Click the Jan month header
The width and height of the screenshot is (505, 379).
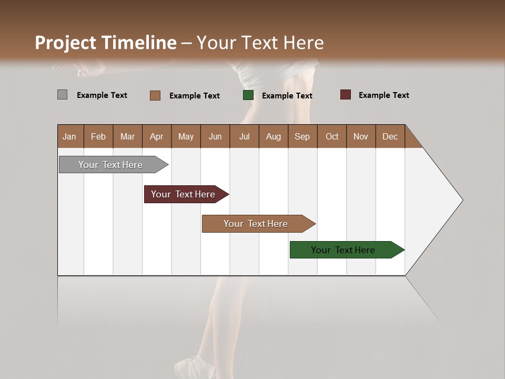click(70, 136)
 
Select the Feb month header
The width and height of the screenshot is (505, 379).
click(98, 136)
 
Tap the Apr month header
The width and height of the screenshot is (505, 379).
click(156, 136)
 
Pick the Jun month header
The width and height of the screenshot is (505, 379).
click(215, 136)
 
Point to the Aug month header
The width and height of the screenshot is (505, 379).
click(273, 136)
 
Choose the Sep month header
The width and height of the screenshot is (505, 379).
click(302, 136)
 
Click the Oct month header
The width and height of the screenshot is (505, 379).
click(332, 136)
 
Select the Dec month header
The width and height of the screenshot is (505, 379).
click(390, 136)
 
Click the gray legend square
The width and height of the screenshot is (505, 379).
click(62, 95)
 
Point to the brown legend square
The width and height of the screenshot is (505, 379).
click(155, 95)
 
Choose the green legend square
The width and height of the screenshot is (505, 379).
click(248, 95)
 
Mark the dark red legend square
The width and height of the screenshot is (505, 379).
click(345, 95)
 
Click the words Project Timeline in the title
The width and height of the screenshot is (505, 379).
click(105, 43)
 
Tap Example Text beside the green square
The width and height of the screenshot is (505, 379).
click(287, 96)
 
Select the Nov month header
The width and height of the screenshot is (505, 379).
click(360, 136)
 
